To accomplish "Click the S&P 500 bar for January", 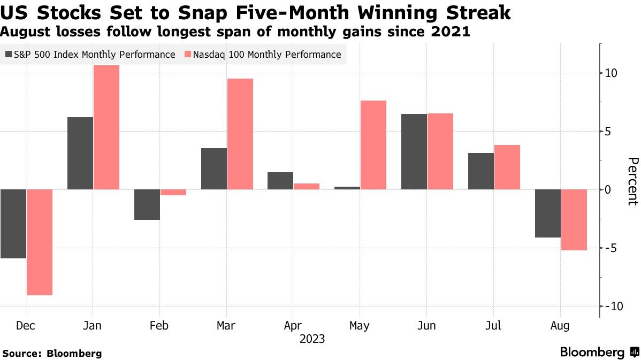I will pyautogui.click(x=80, y=153).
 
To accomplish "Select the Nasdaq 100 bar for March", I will pyautogui.click(x=240, y=134).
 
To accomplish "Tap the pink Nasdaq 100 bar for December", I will pyautogui.click(x=40, y=242).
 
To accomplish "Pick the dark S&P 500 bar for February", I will pyautogui.click(x=147, y=204).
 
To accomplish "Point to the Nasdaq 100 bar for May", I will pyautogui.click(x=373, y=145).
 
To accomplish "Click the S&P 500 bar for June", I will pyautogui.click(x=414, y=151).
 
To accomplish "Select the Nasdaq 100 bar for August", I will pyautogui.click(x=574, y=220).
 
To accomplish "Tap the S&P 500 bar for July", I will pyautogui.click(x=481, y=171).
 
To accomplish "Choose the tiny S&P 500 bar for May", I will pyautogui.click(x=347, y=188).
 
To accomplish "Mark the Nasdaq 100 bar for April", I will pyautogui.click(x=307, y=186).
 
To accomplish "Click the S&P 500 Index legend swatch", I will pyautogui.click(x=9, y=55).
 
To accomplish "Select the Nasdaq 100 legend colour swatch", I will pyautogui.click(x=188, y=55).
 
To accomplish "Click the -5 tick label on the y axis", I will pyautogui.click(x=612, y=248).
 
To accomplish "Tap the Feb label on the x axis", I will pyautogui.click(x=159, y=325).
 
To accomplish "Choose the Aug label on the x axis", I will pyautogui.click(x=561, y=325).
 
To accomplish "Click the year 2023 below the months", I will pyautogui.click(x=312, y=339).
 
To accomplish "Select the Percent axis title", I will pyautogui.click(x=633, y=181).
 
